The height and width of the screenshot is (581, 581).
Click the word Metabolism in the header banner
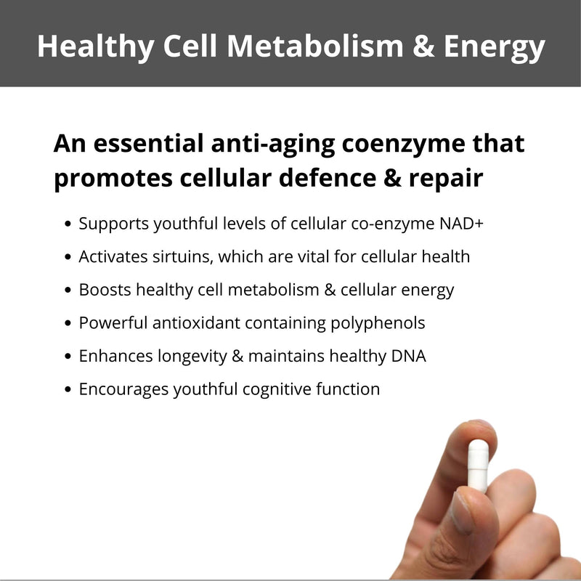click(x=315, y=46)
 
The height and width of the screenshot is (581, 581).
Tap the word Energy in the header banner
click(x=495, y=48)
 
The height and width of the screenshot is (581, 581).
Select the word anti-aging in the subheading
click(x=273, y=144)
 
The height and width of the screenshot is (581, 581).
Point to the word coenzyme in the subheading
click(x=403, y=145)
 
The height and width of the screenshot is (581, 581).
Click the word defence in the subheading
click(x=328, y=177)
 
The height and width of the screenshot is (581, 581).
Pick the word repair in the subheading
click(x=446, y=179)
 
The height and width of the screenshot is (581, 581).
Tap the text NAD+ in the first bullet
click(x=461, y=224)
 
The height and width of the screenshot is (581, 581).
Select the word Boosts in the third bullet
click(x=105, y=290)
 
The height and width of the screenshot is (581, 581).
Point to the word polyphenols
click(x=378, y=323)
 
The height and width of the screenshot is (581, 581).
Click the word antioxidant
click(x=196, y=322)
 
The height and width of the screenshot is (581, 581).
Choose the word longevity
click(x=192, y=357)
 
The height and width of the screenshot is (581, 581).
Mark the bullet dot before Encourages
click(x=68, y=389)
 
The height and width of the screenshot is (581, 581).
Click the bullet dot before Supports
click(x=68, y=224)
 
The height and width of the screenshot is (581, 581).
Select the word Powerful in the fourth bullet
click(x=113, y=322)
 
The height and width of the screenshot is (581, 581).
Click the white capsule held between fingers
click(x=478, y=466)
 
